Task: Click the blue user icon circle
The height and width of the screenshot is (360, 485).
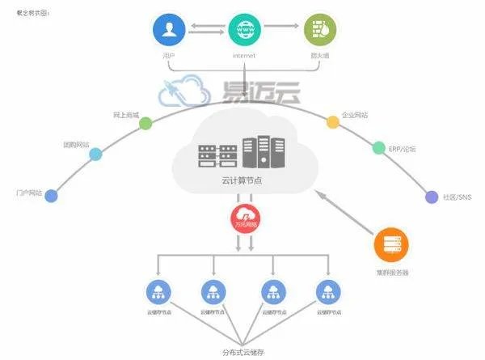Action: click(169, 30)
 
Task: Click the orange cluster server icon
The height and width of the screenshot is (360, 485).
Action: click(392, 245)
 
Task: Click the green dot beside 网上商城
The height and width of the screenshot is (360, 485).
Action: click(145, 124)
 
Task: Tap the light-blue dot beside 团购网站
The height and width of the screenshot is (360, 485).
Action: click(95, 154)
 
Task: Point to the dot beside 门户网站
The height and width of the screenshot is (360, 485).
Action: click(53, 195)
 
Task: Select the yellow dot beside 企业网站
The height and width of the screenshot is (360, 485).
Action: click(332, 123)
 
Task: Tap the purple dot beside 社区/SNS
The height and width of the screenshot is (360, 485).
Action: click(430, 196)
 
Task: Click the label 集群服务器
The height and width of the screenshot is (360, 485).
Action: click(393, 273)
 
